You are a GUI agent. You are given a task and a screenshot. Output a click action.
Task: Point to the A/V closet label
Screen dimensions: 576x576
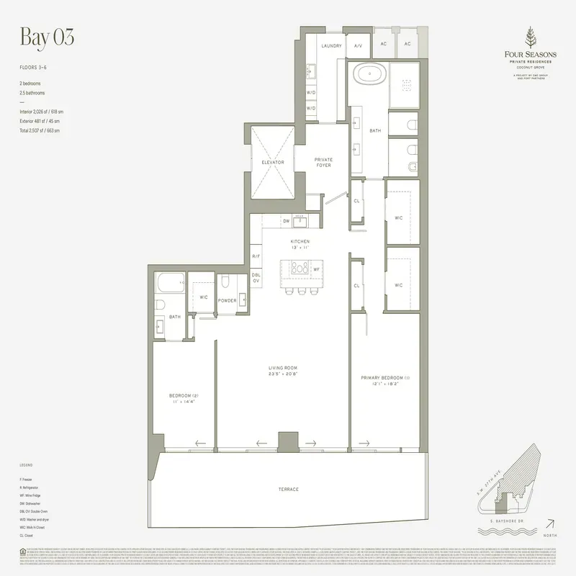pos(358,45)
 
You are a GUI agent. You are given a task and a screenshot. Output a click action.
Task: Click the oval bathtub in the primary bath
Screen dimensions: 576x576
pos(368,74)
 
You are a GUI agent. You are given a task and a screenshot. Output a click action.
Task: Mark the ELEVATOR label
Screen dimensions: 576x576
pos(273,162)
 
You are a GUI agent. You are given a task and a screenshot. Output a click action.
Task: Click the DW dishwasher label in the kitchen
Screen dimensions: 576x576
pos(286,221)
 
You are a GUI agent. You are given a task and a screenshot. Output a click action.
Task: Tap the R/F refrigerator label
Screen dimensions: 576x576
pos(256,256)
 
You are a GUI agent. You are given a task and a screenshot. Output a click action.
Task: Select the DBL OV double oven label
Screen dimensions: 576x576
pos(256,277)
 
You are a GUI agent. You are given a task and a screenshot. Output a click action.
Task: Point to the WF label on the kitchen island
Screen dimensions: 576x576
pos(317,269)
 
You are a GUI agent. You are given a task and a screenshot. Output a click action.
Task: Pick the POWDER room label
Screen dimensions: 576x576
pos(228,300)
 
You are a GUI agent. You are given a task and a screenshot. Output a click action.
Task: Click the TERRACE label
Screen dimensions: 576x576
pos(288,490)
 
